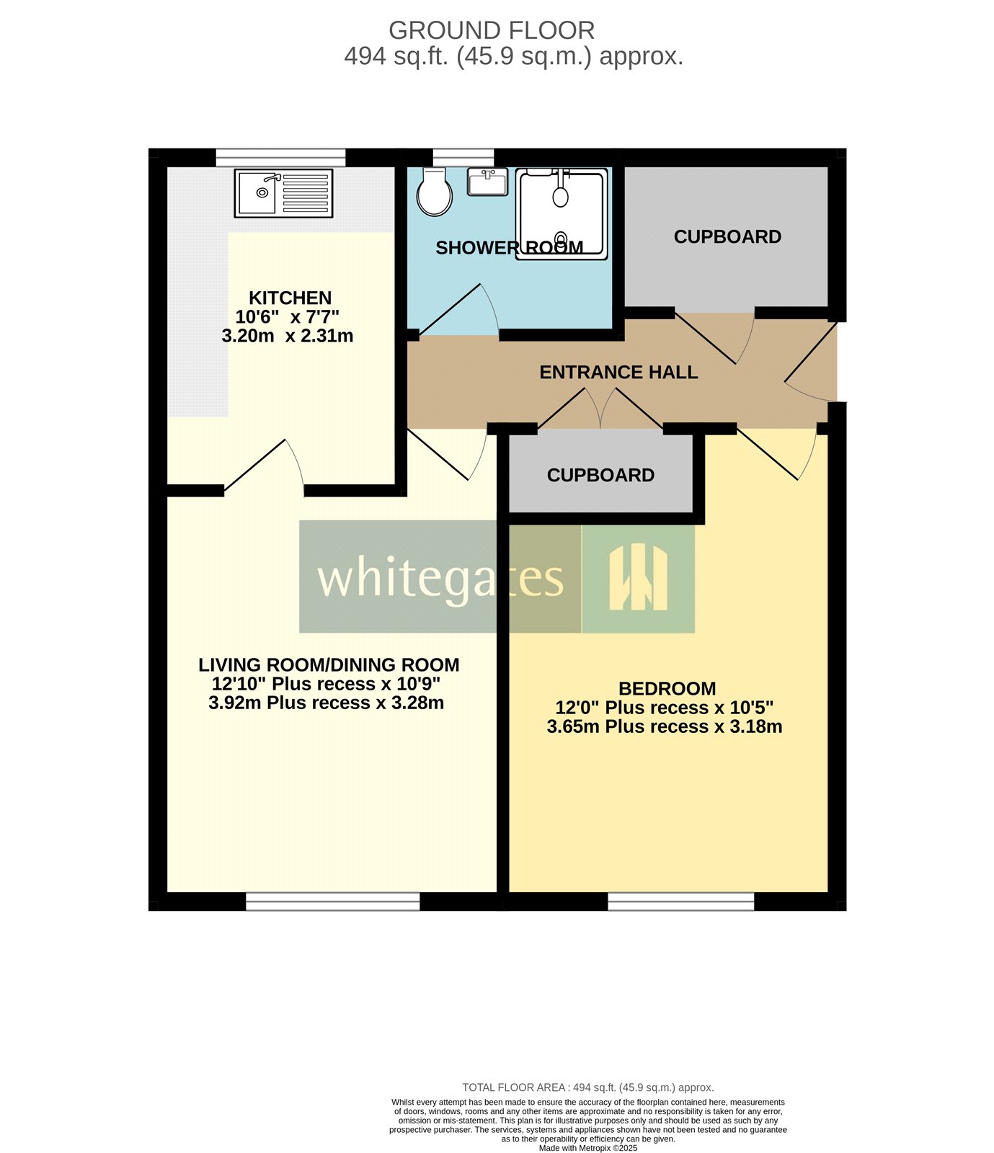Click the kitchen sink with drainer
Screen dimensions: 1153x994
pyautogui.click(x=283, y=193)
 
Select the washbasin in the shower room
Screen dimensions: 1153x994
pyautogui.click(x=487, y=182)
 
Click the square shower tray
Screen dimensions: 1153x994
pyautogui.click(x=562, y=213)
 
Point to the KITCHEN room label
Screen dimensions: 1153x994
pyautogui.click(x=290, y=298)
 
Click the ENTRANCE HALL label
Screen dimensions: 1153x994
pyautogui.click(x=618, y=373)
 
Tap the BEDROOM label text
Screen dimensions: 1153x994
pyautogui.click(x=667, y=688)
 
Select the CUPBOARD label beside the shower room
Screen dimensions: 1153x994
pyautogui.click(x=727, y=237)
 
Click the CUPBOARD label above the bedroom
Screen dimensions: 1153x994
pyautogui.click(x=600, y=476)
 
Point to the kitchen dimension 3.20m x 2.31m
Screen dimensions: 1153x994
pyautogui.click(x=287, y=336)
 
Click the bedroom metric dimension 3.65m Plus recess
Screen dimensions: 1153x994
pyautogui.click(x=664, y=726)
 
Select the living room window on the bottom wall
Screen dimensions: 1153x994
pyautogui.click(x=332, y=901)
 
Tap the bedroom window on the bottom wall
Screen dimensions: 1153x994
pyautogui.click(x=680, y=901)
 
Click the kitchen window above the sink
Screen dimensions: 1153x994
pyautogui.click(x=280, y=157)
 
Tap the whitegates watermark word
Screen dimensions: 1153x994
pyautogui.click(x=440, y=578)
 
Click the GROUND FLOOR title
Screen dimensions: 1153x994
pyautogui.click(x=492, y=30)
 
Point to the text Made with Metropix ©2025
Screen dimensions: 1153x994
pyautogui.click(x=587, y=1148)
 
